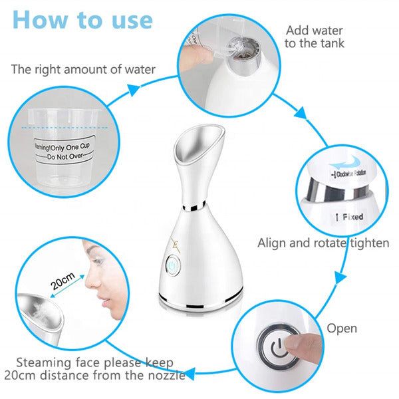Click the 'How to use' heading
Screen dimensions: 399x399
tap(82, 20)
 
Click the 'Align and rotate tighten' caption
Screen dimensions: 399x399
tap(323, 243)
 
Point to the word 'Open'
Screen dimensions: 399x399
tap(342, 329)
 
